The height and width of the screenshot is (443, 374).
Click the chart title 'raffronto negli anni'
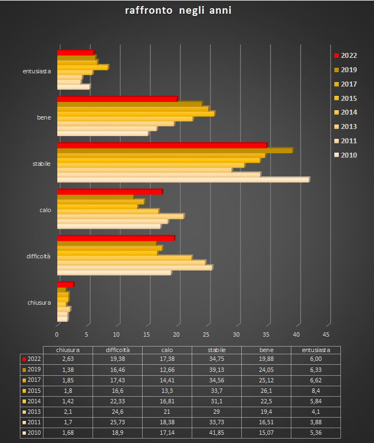click(177, 11)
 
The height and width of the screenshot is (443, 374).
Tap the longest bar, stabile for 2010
click(183, 179)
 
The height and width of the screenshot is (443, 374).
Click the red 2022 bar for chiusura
click(65, 284)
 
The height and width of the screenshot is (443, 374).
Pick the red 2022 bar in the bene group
click(117, 99)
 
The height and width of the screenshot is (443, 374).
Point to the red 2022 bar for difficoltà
click(116, 238)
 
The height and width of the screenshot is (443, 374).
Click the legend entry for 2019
click(348, 69)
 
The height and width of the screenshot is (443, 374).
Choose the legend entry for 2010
click(348, 155)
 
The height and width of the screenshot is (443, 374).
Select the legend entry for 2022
click(348, 55)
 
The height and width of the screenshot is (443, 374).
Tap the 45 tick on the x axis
click(326, 334)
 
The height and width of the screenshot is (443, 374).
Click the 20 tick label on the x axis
click(177, 334)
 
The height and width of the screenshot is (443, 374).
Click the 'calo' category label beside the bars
click(45, 210)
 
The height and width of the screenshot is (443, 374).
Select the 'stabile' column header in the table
click(215, 350)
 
